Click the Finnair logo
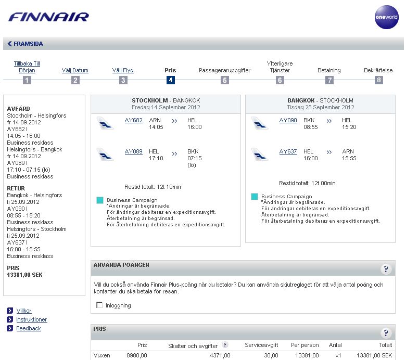tap(48, 17)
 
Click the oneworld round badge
tap(386, 17)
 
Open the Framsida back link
tap(26, 44)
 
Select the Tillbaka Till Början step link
tap(27, 67)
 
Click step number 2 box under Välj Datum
tap(75, 80)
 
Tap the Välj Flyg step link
tap(123, 70)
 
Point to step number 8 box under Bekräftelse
tap(378, 80)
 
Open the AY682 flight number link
tap(134, 120)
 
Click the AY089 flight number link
tap(134, 151)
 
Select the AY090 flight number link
tap(288, 120)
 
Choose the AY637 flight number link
tap(288, 151)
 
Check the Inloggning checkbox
tap(99, 305)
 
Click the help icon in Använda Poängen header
tap(386, 268)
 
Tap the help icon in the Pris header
tap(386, 333)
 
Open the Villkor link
tap(24, 311)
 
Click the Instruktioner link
tap(32, 319)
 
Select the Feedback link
tap(29, 328)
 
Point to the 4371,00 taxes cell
tap(219, 355)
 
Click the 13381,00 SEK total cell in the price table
tap(374, 355)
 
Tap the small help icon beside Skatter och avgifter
tap(225, 344)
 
